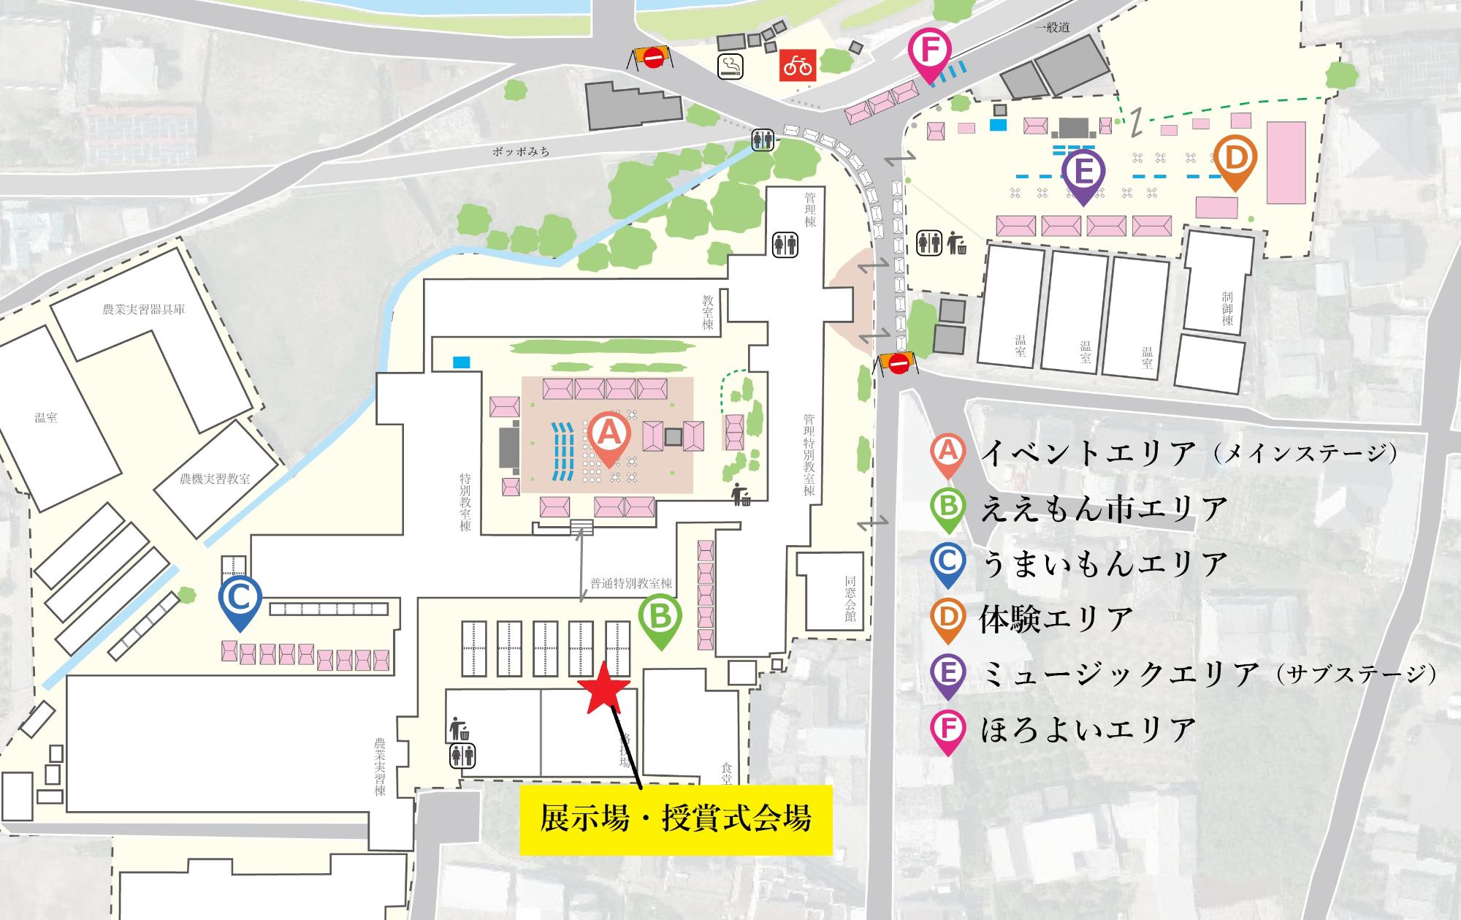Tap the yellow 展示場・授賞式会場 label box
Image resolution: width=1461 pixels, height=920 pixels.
pos(676,819)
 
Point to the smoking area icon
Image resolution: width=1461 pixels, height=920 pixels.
pos(730,66)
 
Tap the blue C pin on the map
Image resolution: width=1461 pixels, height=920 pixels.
pos(240,601)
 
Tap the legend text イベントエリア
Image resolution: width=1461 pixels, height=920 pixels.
pos(1088,454)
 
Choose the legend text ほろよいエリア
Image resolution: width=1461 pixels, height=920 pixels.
pos(1088,729)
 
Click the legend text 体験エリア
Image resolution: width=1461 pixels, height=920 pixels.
pos(1056,618)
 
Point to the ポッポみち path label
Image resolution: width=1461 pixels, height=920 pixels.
pos(520,151)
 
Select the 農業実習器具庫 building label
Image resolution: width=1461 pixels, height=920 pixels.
pos(143,309)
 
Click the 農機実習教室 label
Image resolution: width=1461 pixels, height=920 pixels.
pos(215,479)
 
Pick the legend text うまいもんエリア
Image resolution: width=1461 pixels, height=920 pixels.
pos(1104,563)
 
